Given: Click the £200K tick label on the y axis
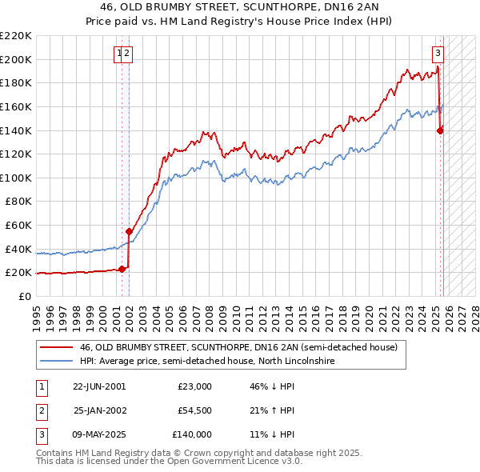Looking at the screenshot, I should pos(16,59).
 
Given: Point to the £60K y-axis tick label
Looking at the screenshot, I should pos(18,226).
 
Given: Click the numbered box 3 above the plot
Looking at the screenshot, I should pos(438,54).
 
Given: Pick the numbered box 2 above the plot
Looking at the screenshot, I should pos(127,54).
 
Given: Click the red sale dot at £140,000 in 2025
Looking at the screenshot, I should pos(440,130).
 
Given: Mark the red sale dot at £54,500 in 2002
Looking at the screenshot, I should pos(130,231).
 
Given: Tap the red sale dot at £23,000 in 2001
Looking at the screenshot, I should pos(122,269).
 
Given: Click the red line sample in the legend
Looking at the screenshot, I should pos(56,347).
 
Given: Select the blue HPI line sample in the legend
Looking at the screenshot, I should pos(56,362).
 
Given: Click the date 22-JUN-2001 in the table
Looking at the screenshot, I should pos(99,386).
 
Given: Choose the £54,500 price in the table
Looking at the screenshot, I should pos(194,410).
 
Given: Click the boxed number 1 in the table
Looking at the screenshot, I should pos(40,386).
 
